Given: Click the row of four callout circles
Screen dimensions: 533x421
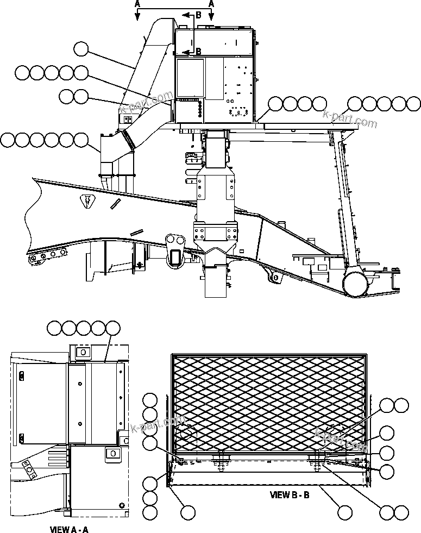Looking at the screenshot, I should click(x=298, y=103).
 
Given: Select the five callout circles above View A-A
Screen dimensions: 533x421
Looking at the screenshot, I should click(x=83, y=328).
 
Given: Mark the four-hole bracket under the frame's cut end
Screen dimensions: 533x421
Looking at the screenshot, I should click(x=48, y=254).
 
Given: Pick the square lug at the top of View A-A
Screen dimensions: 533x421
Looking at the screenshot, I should click(x=82, y=352).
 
